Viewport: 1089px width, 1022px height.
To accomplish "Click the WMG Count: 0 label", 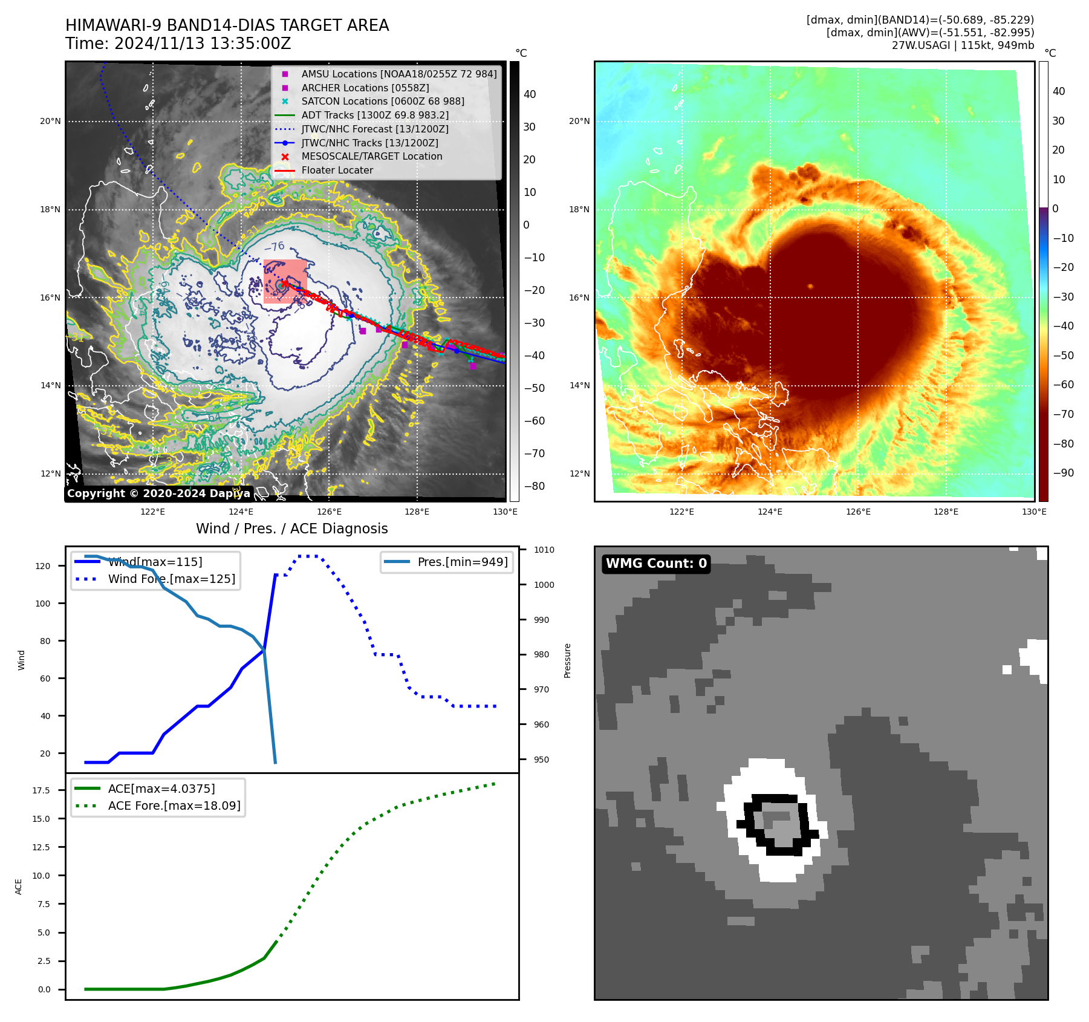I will (656, 564).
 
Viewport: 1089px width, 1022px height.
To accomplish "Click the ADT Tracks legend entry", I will (375, 115).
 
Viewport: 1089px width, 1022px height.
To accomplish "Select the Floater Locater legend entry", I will (337, 171).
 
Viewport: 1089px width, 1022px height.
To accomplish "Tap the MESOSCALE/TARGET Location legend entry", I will (371, 157).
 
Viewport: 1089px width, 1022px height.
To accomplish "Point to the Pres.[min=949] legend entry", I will (462, 562).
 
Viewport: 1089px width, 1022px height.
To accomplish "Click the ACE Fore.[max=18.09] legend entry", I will (174, 806).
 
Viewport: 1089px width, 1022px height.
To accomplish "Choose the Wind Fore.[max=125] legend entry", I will (171, 579).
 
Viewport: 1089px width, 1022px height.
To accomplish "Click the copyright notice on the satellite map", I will (158, 493).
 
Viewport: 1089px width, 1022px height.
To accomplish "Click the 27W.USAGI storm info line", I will (963, 45).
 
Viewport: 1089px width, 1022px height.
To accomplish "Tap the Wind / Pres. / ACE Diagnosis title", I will (292, 529).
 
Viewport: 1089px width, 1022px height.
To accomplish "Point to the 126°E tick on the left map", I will (329, 512).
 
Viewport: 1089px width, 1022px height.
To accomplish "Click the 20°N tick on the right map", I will (579, 121).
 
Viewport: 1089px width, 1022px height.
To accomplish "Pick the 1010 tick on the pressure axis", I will (544, 550).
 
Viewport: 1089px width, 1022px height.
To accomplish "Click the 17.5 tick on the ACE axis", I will (41, 790).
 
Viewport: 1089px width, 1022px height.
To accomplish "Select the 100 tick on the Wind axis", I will (43, 604).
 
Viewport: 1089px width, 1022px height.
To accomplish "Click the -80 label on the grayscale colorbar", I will (535, 486).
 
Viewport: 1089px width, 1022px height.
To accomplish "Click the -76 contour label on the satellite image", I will (275, 247).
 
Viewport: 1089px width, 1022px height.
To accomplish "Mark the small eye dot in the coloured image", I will (810, 287).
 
